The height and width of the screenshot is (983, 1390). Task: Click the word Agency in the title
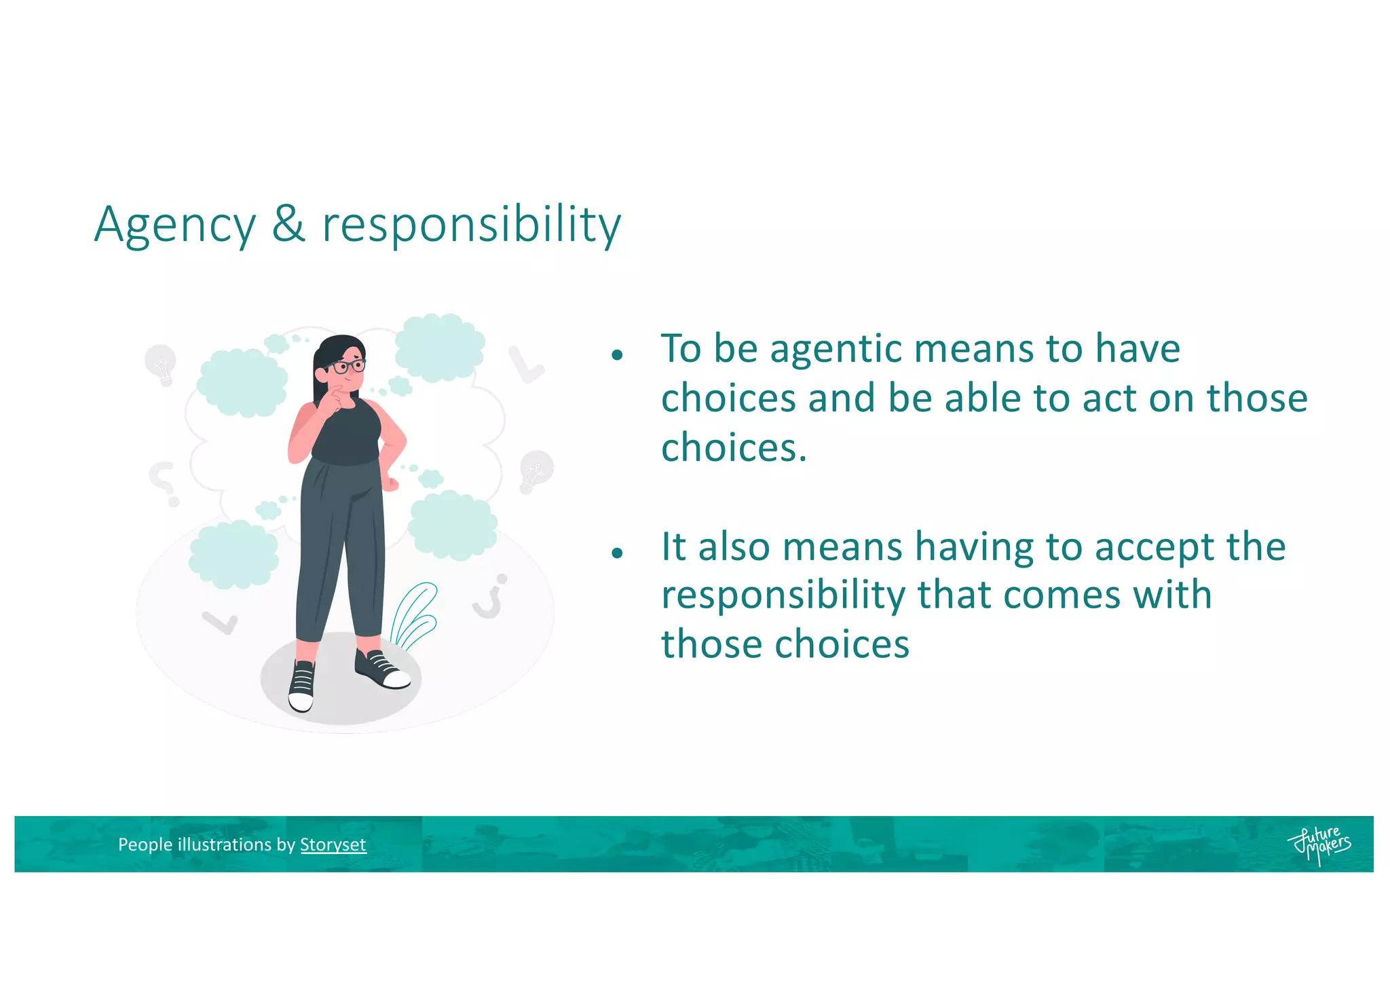click(174, 225)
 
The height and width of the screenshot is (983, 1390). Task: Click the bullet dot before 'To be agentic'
click(617, 354)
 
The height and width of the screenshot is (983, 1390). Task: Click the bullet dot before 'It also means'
click(617, 553)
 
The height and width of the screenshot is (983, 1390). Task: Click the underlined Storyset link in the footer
click(333, 845)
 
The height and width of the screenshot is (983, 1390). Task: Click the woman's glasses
click(348, 367)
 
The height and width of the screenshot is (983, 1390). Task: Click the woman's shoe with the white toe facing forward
click(301, 687)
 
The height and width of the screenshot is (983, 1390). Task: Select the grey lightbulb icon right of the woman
click(536, 470)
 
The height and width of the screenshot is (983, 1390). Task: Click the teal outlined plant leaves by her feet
click(414, 614)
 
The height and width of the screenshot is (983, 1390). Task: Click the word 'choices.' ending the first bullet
click(734, 448)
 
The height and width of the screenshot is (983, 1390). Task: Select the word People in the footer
click(145, 845)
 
